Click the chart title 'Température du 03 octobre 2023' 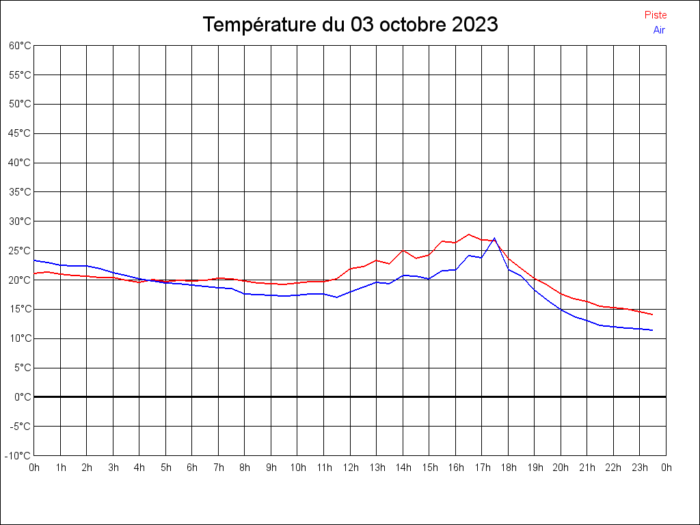pyautogui.click(x=350, y=25)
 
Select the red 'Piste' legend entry pyautogui.click(x=655, y=15)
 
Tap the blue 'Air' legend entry pyautogui.click(x=658, y=30)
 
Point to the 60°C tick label pyautogui.click(x=20, y=45)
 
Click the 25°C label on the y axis pyautogui.click(x=20, y=250)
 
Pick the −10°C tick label pyautogui.click(x=18, y=455)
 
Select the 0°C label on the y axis pyautogui.click(x=23, y=396)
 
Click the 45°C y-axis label pyautogui.click(x=20, y=133)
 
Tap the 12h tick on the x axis pyautogui.click(x=350, y=468)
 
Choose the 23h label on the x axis pyautogui.click(x=640, y=468)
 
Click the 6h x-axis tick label pyautogui.click(x=192, y=468)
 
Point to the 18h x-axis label pyautogui.click(x=508, y=468)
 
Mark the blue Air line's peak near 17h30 pyautogui.click(x=494, y=238)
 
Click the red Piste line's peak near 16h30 pyautogui.click(x=468, y=234)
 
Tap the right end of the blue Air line pyautogui.click(x=652, y=330)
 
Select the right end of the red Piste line pyautogui.click(x=652, y=314)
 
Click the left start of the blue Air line pyautogui.click(x=35, y=260)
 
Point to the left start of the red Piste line pyautogui.click(x=35, y=273)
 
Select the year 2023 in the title pyautogui.click(x=474, y=25)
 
